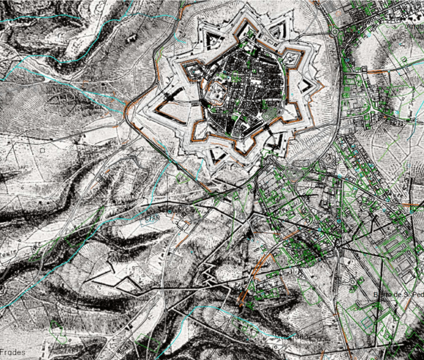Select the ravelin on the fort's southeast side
(276, 141)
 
